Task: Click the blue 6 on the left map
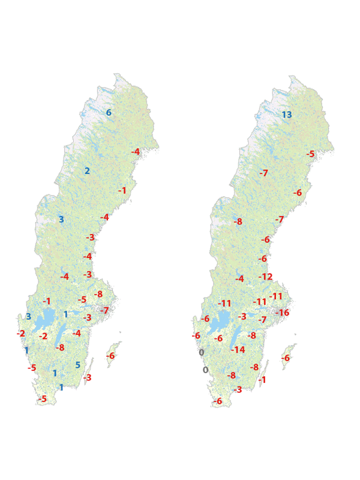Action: (x=109, y=113)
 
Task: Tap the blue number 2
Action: (x=87, y=171)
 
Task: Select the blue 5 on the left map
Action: (x=77, y=365)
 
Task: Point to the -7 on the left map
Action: (x=104, y=310)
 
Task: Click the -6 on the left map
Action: (x=110, y=356)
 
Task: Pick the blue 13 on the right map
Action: (x=287, y=115)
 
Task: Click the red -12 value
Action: (x=265, y=277)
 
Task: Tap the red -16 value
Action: (x=282, y=313)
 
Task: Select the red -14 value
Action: (x=238, y=350)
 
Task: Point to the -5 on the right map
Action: (x=310, y=154)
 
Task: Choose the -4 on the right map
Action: (x=239, y=278)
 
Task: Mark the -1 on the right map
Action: (x=262, y=380)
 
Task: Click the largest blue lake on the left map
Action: (x=41, y=322)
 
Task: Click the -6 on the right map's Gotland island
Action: (x=286, y=358)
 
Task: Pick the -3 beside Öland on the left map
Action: (x=88, y=377)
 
